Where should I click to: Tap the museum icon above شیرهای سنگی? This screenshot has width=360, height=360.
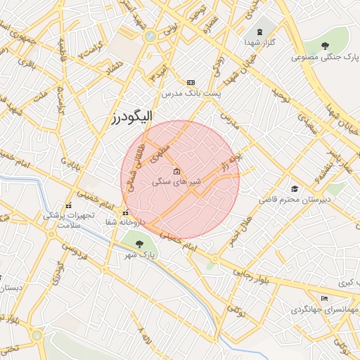176,172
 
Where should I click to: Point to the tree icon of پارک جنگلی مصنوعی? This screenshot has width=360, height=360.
324,46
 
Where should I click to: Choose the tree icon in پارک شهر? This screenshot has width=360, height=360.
139,244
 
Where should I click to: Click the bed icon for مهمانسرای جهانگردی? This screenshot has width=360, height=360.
323,298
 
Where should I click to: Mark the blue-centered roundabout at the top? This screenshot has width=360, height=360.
150,36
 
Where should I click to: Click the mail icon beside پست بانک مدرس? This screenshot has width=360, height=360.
191,82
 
